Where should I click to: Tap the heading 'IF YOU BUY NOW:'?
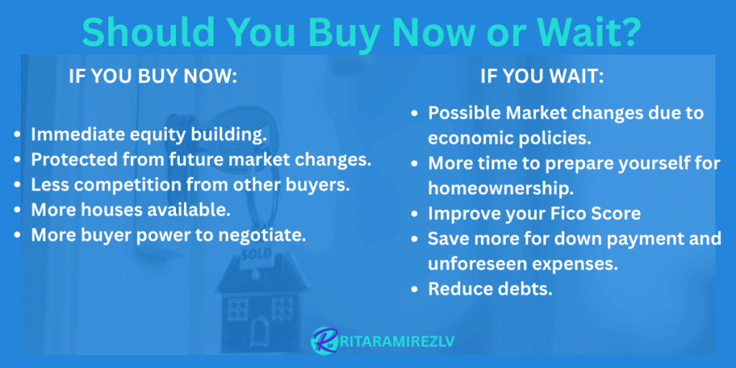tap(152, 78)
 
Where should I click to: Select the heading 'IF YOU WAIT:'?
tap(542, 78)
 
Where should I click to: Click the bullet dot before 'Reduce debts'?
tap(415, 289)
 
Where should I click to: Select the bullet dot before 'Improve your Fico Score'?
tap(415, 214)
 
